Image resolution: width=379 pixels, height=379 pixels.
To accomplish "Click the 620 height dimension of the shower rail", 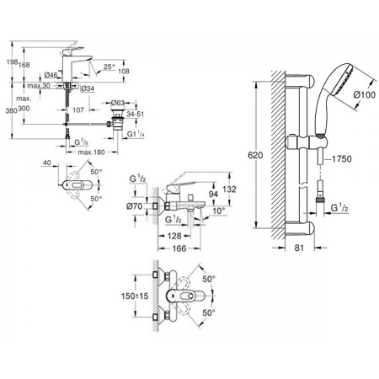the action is (255, 155).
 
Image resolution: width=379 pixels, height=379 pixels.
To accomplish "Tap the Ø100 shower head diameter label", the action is (365, 95).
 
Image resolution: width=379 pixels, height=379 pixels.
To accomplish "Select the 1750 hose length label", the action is (342, 159).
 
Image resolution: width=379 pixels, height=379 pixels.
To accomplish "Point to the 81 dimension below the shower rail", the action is (300, 248).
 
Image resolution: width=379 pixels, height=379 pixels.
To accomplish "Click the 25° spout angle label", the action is (109, 67).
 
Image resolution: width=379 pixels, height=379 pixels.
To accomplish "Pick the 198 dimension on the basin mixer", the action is (13, 62).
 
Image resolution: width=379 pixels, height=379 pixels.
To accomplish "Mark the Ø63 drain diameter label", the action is (118, 103).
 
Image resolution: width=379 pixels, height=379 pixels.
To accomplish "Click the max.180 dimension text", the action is (91, 152).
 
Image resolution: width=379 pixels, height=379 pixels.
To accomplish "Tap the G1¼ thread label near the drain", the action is (136, 134).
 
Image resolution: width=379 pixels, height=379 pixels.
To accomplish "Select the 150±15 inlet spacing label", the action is (135, 296).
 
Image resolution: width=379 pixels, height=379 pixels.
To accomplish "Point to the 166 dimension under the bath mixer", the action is (179, 248).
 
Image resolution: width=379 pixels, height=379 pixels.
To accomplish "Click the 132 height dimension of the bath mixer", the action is (229, 189).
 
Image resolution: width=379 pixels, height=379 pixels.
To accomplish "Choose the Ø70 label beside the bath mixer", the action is (135, 206).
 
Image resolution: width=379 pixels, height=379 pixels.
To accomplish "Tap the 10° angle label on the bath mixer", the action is (219, 211).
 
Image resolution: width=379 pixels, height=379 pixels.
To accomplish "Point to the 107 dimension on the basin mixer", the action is (78, 109).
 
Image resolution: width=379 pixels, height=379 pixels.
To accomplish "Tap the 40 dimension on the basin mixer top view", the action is (47, 163).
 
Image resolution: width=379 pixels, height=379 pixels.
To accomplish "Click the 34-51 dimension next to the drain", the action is (136, 114).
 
